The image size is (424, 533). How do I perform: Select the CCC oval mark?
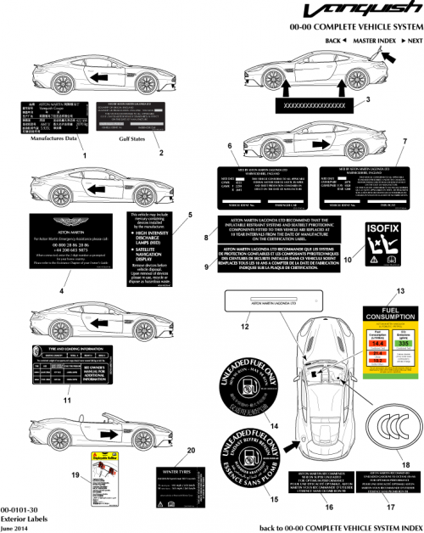pos(395,424)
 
